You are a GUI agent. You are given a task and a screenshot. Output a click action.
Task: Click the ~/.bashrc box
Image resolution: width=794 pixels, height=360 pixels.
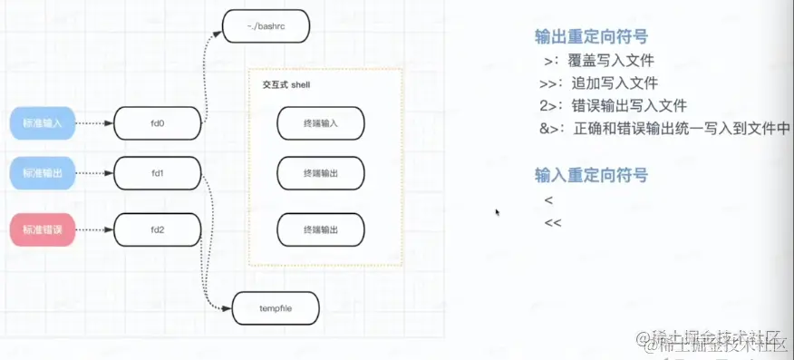click(266, 25)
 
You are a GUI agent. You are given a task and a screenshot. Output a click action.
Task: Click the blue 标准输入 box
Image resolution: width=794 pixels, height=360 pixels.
click(43, 122)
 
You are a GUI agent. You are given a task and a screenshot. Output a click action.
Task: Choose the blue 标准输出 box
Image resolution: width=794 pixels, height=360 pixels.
click(43, 171)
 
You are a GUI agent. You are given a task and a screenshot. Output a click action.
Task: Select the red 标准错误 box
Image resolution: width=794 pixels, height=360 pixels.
click(43, 229)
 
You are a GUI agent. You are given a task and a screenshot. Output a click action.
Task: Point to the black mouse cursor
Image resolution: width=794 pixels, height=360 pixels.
click(497, 213)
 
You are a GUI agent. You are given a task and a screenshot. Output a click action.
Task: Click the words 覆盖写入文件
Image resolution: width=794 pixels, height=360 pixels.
click(611, 62)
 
